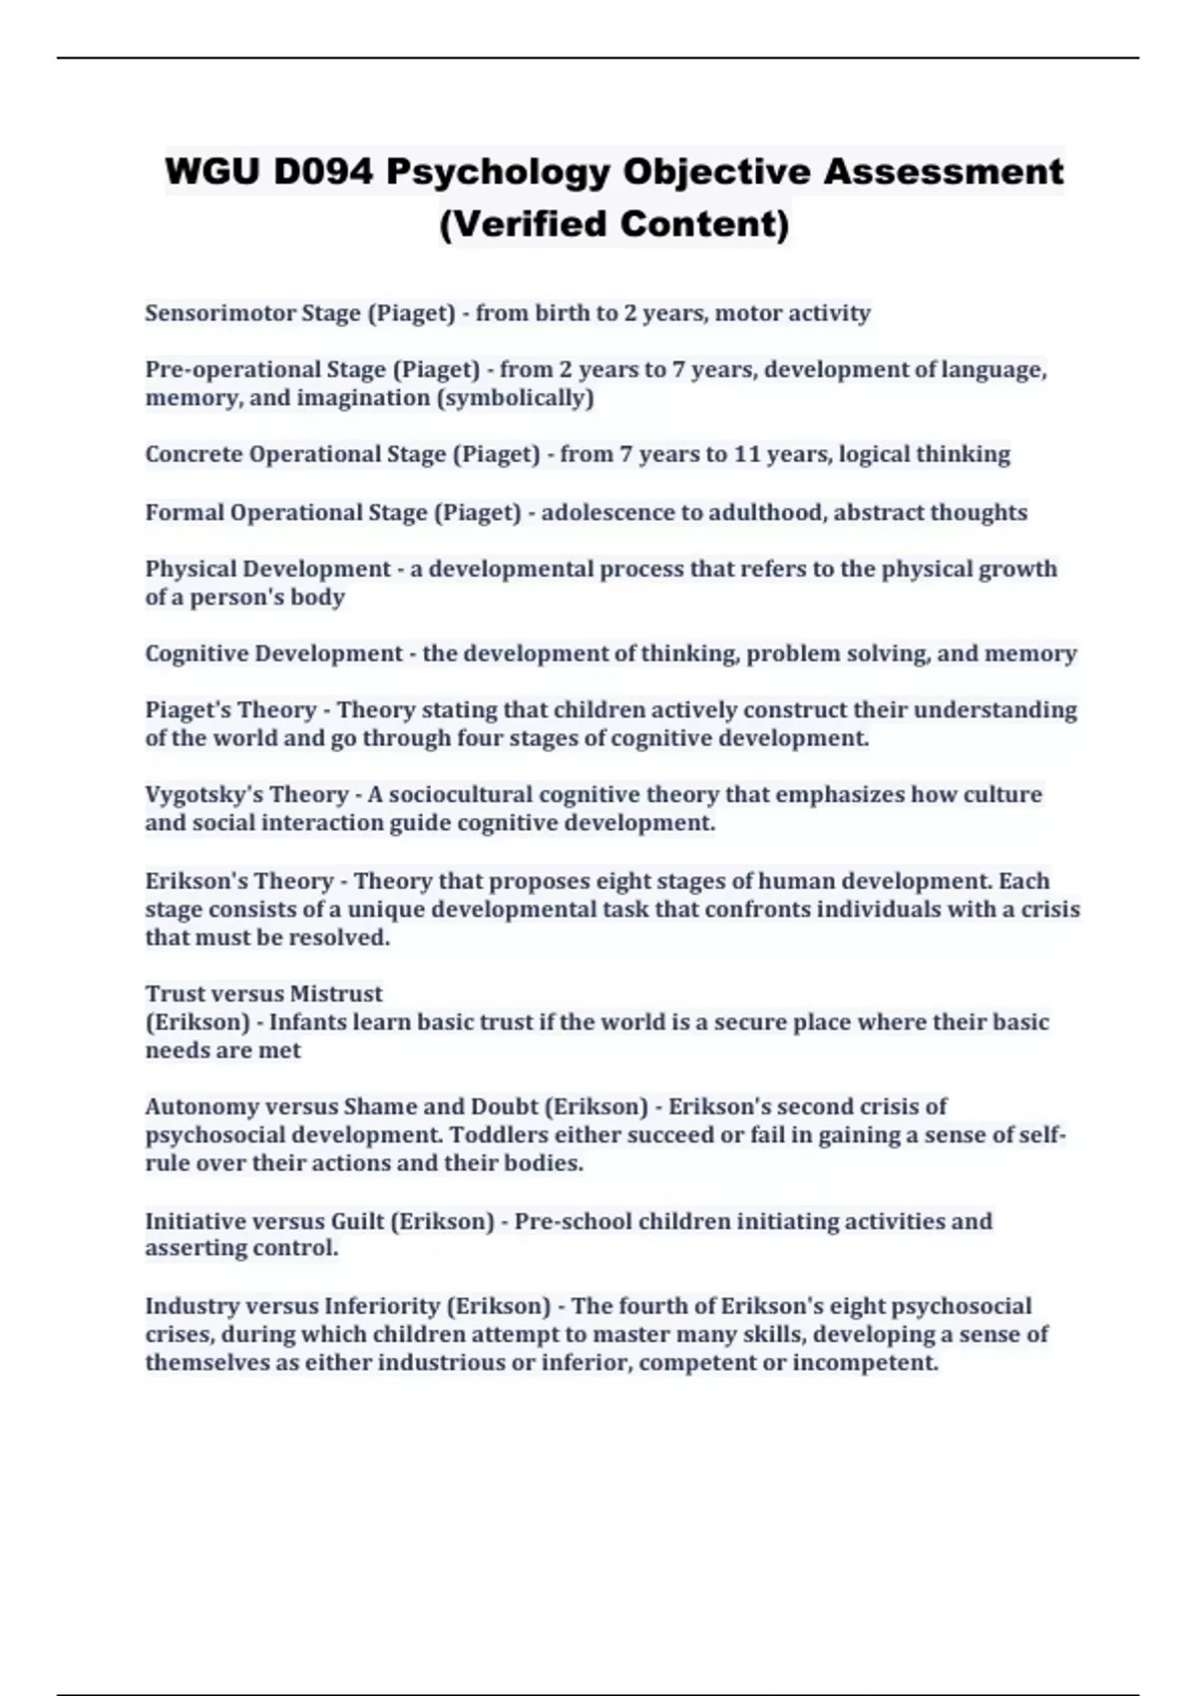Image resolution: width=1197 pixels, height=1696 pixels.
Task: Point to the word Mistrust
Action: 337,994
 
